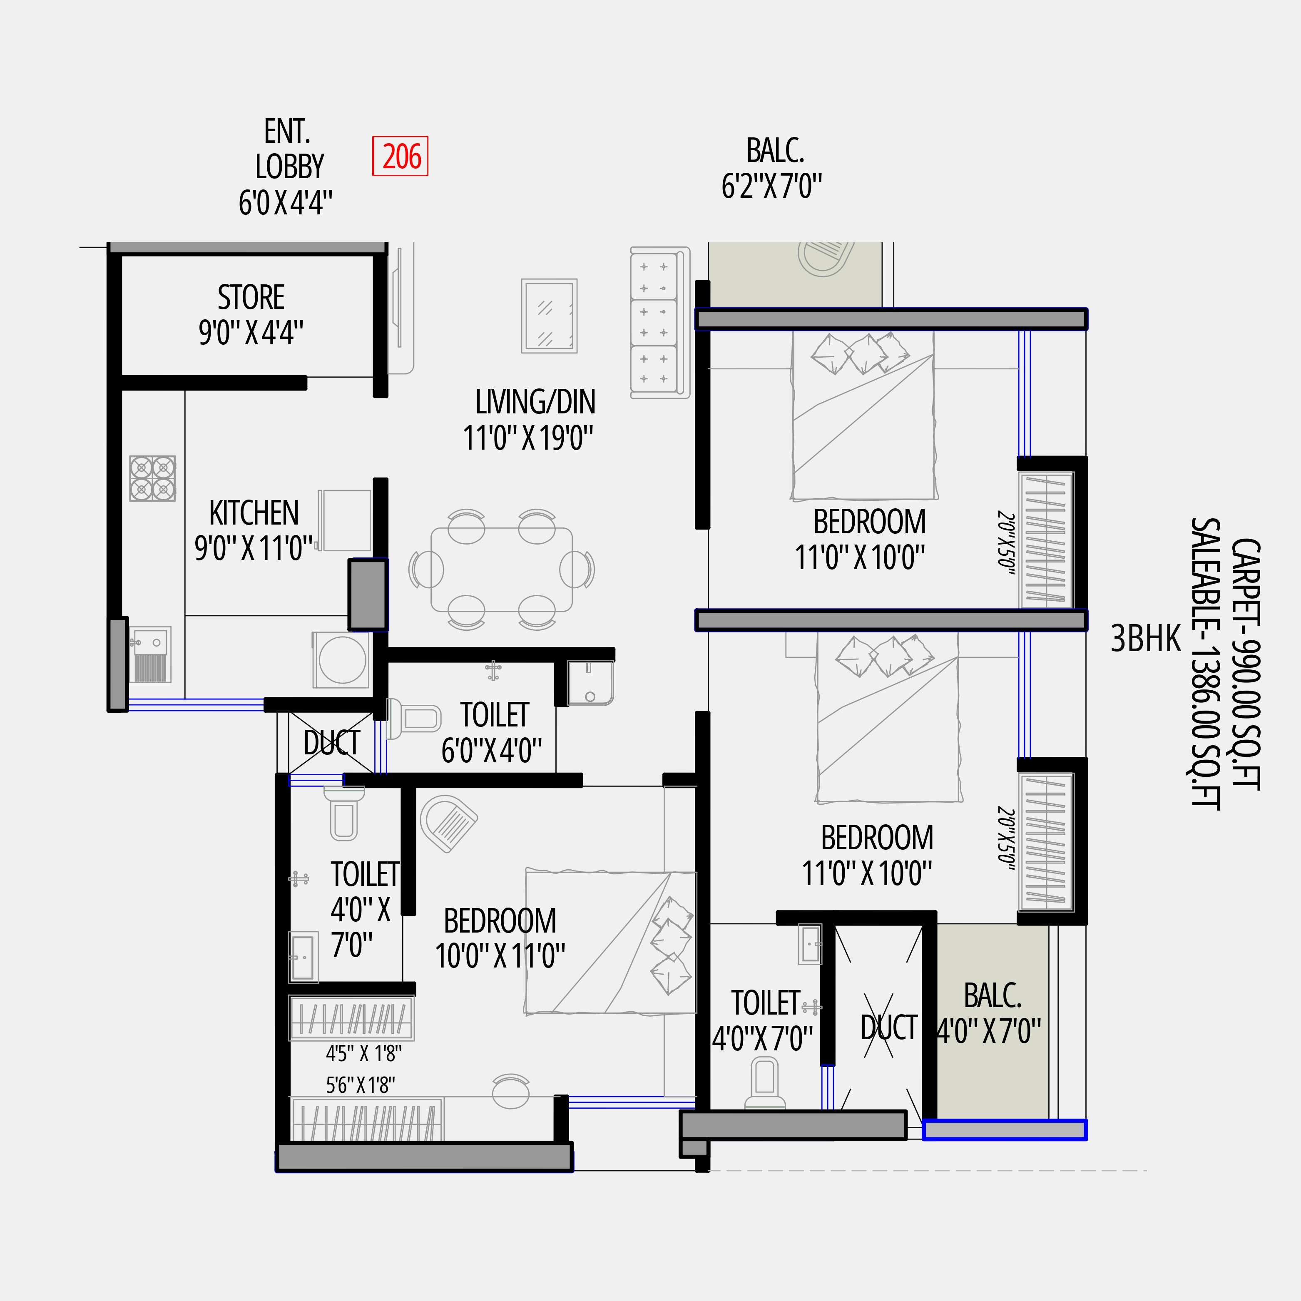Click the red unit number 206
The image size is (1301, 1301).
click(400, 156)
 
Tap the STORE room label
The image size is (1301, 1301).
click(251, 297)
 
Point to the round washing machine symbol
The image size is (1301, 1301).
click(342, 660)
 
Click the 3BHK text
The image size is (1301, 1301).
click(1145, 638)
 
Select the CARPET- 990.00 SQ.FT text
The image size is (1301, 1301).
click(1245, 663)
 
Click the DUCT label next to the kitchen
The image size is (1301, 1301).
click(331, 743)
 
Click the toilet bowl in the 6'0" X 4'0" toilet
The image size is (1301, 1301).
click(415, 718)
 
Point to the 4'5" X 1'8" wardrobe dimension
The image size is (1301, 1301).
click(363, 1052)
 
